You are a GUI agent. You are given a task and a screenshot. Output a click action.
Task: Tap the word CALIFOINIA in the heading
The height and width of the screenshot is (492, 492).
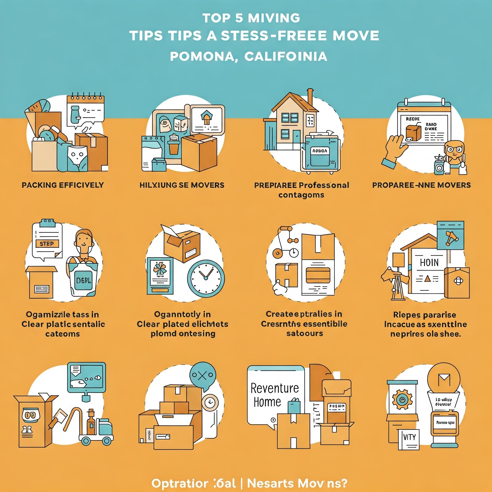coord(286,56)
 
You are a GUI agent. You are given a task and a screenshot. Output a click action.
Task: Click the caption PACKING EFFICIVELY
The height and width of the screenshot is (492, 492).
coord(63,185)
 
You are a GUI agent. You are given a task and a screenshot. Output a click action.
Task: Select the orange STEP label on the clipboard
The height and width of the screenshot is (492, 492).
coord(47,244)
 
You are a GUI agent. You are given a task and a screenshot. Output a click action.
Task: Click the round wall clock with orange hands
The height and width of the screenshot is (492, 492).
coord(206,278)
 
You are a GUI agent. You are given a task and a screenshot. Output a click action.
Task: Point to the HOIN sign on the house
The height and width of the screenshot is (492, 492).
coord(429,263)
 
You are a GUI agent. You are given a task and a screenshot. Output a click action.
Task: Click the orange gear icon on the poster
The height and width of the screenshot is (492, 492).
coord(402,400)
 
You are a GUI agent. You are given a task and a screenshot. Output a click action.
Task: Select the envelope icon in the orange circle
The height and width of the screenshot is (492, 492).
coord(444,380)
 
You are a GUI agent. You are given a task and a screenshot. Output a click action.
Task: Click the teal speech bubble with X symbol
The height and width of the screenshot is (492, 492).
coord(203,376)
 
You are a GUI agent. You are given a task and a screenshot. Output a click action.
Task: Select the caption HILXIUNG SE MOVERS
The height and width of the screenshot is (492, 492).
coord(182,185)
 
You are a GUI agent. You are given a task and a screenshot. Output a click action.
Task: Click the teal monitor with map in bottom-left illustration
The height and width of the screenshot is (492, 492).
coord(86,377)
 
